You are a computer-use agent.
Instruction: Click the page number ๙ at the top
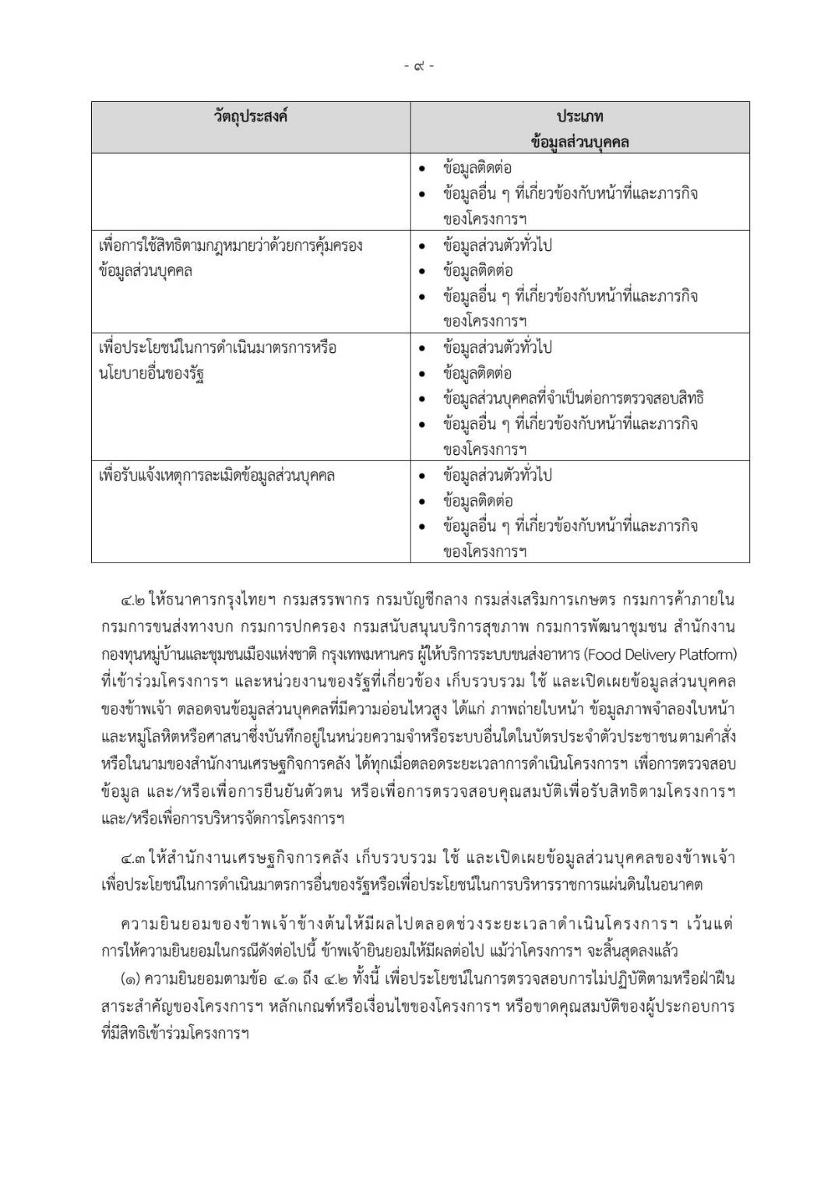point(419,66)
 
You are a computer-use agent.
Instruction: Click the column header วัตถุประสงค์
point(250,116)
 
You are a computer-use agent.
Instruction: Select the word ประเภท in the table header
point(579,116)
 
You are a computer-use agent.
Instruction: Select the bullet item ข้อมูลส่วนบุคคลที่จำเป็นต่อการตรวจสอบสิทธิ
point(573,398)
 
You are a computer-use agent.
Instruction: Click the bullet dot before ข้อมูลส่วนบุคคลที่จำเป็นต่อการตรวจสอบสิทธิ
point(422,399)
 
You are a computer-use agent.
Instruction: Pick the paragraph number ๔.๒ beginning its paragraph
point(132,601)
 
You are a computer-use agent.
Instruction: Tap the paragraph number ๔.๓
point(132,858)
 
